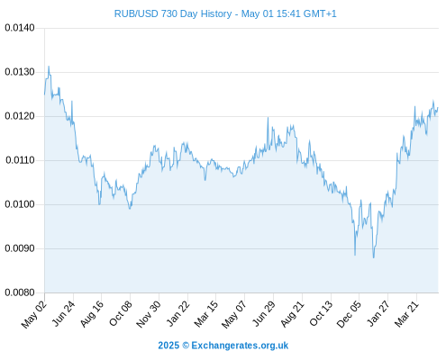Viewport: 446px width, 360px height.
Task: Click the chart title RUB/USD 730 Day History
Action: pyautogui.click(x=173, y=13)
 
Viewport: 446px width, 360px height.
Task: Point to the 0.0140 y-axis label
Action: pyautogui.click(x=20, y=28)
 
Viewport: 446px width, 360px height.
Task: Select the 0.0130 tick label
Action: pyautogui.click(x=20, y=72)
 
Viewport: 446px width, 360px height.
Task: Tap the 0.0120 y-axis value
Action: pyautogui.click(x=20, y=116)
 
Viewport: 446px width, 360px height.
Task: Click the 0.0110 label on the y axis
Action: pyautogui.click(x=20, y=160)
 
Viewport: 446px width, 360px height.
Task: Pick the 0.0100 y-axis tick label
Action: pyautogui.click(x=20, y=204)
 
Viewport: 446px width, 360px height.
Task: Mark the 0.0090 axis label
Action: pyautogui.click(x=20, y=248)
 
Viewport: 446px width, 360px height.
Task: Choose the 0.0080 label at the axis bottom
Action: pyautogui.click(x=20, y=292)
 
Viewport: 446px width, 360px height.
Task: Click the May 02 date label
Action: pyautogui.click(x=34, y=314)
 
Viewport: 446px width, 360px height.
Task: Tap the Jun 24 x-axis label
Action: pyautogui.click(x=63, y=314)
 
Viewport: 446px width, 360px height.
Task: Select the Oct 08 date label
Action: pyautogui.click(x=121, y=313)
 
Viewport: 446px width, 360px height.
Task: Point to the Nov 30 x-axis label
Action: pyautogui.click(x=149, y=314)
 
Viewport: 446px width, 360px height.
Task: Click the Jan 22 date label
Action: pyautogui.click(x=177, y=314)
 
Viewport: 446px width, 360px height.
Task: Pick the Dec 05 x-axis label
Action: pyautogui.click(x=349, y=314)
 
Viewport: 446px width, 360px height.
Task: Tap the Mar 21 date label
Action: pyautogui.click(x=406, y=314)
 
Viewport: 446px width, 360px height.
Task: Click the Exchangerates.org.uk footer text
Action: pyautogui.click(x=240, y=346)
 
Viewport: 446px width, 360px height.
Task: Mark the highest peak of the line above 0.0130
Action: pyautogui.click(x=49, y=67)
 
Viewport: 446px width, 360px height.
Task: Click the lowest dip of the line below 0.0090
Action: pyautogui.click(x=374, y=257)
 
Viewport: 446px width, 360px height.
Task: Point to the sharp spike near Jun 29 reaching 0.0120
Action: pyautogui.click(x=268, y=117)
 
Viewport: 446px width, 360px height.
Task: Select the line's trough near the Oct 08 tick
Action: pyautogui.click(x=130, y=209)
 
